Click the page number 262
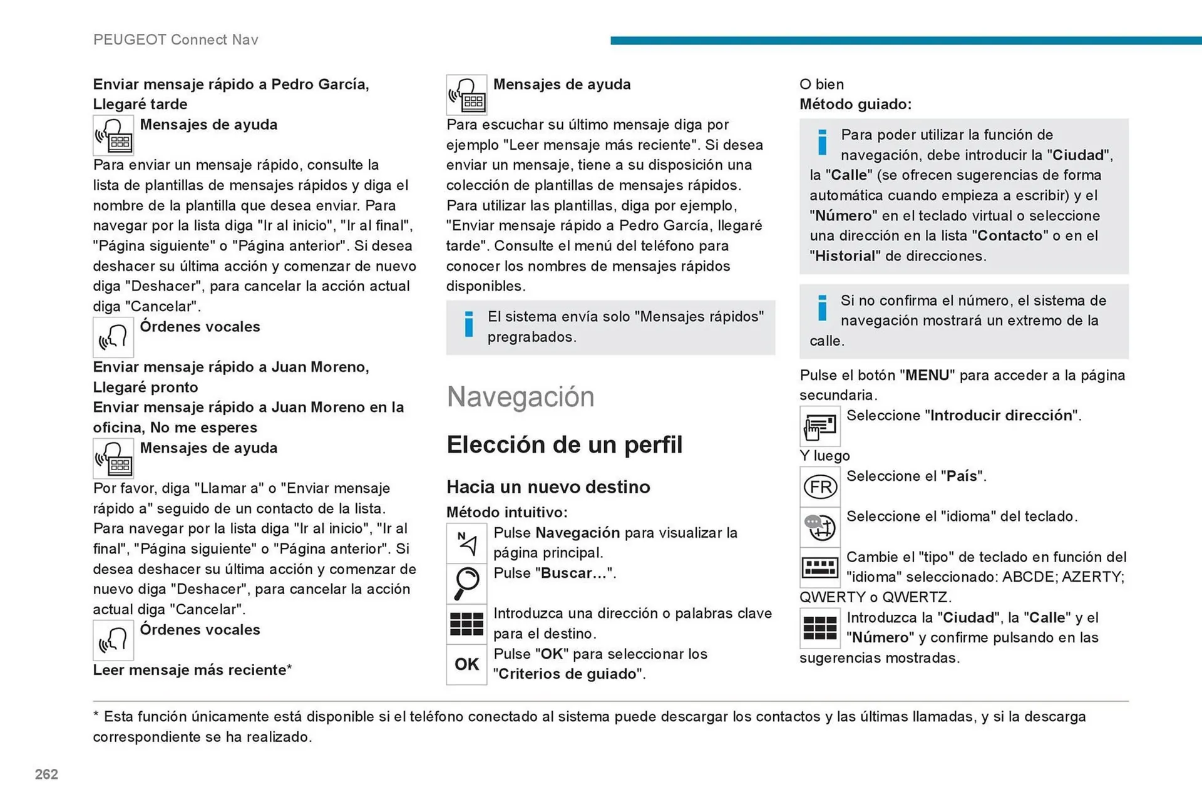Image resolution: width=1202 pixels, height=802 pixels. click(46, 774)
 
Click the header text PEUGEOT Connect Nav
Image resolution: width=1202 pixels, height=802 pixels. click(175, 40)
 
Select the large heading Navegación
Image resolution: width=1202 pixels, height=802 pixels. click(520, 397)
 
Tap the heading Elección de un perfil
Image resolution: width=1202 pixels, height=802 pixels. click(564, 445)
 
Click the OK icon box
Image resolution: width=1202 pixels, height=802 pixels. click(466, 664)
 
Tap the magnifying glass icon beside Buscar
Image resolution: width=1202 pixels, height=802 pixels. click(466, 584)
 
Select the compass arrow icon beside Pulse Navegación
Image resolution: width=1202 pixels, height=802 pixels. click(466, 543)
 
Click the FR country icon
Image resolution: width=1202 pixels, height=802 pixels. click(819, 487)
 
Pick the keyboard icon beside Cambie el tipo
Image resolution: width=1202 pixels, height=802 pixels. click(819, 568)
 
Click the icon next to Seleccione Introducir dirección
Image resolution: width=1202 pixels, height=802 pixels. click(819, 426)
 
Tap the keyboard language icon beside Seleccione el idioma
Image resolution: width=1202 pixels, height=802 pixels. click(819, 527)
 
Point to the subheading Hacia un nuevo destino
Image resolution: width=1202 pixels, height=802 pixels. click(548, 487)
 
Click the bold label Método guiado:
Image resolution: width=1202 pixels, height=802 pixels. click(855, 105)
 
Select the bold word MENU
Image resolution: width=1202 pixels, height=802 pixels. click(927, 376)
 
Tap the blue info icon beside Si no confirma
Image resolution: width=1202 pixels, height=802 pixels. click(822, 307)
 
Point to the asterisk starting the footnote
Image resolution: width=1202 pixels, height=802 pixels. click(96, 716)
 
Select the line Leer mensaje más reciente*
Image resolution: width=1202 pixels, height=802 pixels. click(192, 670)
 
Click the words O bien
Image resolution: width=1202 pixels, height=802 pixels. click(821, 85)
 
